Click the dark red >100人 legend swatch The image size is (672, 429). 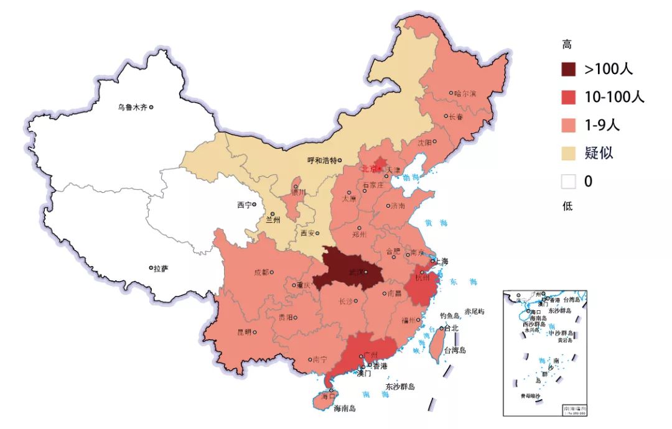pyautogui.click(x=569, y=69)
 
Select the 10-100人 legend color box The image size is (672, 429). pyautogui.click(x=569, y=97)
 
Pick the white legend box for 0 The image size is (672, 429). pyautogui.click(x=569, y=181)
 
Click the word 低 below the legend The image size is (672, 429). pyautogui.click(x=567, y=206)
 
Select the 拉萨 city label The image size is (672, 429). pyautogui.click(x=161, y=269)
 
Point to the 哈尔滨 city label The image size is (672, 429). pyautogui.click(x=465, y=93)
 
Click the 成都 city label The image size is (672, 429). pyautogui.click(x=261, y=272)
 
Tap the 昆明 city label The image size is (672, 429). pyautogui.click(x=244, y=332)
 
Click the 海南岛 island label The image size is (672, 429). pyautogui.click(x=345, y=408)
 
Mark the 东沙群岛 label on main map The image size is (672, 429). pyautogui.click(x=399, y=387)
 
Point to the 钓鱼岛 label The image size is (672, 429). pyautogui.click(x=449, y=316)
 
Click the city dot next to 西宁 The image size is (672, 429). pyautogui.click(x=254, y=205)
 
